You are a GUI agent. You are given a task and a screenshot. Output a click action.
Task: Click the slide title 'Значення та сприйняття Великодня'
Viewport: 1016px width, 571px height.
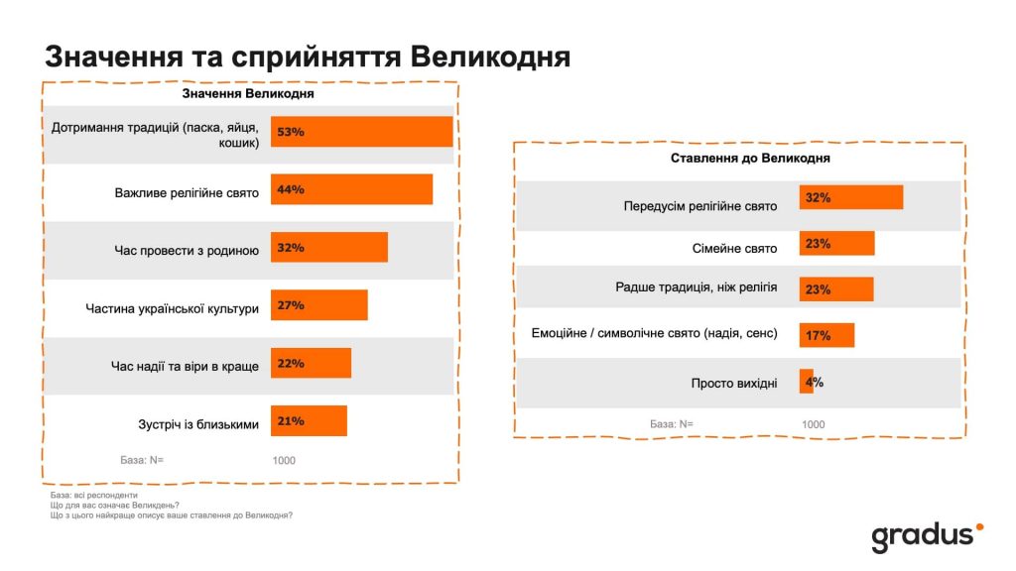tap(308, 56)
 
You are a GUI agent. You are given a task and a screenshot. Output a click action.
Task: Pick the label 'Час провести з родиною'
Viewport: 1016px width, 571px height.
tap(187, 250)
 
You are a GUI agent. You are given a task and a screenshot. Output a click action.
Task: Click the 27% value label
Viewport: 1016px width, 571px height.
tap(291, 305)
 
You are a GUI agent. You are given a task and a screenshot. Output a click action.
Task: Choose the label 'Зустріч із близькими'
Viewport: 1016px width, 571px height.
tap(198, 424)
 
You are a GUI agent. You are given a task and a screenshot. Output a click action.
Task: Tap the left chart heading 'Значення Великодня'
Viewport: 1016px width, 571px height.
tap(247, 94)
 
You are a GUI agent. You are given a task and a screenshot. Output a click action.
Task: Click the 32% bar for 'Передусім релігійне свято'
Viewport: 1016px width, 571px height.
tap(851, 197)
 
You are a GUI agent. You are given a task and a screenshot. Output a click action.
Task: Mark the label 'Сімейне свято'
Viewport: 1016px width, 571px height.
tap(734, 249)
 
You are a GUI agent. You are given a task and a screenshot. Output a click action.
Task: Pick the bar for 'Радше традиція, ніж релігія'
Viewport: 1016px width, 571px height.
tap(836, 289)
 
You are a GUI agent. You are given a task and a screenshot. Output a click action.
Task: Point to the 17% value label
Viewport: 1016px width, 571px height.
tap(818, 336)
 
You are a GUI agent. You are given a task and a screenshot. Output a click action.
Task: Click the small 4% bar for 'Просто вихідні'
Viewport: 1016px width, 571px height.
tap(806, 382)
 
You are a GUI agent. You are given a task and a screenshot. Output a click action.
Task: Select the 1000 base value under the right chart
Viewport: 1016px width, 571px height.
tap(813, 424)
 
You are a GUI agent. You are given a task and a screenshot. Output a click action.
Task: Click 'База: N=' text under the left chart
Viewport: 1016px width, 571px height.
tap(142, 460)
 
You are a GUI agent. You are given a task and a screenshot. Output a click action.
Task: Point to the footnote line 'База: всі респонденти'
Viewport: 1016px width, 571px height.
tap(93, 494)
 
